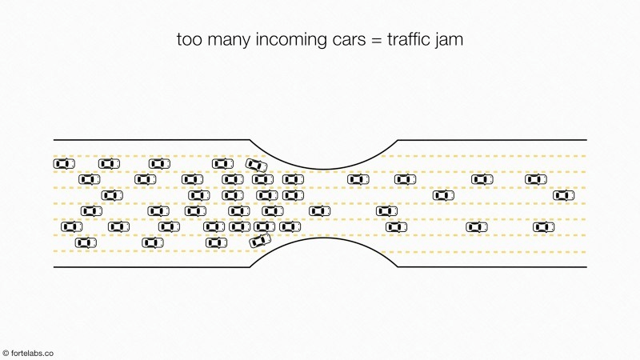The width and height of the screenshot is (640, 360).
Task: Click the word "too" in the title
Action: point(190,40)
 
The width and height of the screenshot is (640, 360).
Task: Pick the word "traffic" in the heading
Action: point(408,39)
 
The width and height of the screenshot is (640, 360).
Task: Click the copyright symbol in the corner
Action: point(6,353)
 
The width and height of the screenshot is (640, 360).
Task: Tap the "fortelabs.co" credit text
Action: point(32,353)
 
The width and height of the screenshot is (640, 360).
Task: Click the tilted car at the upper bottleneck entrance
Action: point(256,165)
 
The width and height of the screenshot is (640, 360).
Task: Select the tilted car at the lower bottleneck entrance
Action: point(260,241)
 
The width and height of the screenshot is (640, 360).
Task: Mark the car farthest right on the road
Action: point(564,195)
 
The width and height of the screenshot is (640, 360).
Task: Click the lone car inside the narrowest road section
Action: point(319,211)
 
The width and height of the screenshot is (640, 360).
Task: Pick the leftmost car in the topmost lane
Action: point(64,164)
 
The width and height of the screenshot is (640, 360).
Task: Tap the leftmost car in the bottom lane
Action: point(86,243)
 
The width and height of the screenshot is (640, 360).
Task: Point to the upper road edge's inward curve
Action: point(324,169)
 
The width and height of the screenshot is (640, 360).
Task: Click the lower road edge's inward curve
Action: point(324,238)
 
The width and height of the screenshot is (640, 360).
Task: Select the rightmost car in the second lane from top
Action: point(536,179)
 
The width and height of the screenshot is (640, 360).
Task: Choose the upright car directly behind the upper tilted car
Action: point(222,164)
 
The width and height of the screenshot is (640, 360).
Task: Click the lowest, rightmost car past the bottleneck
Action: point(544,226)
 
